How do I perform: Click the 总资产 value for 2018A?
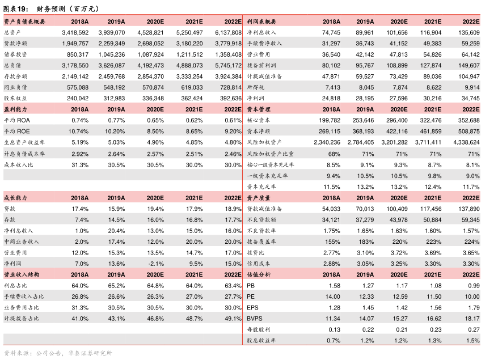[x=75, y=32]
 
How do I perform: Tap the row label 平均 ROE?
[x=17, y=131]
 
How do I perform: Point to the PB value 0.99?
[x=474, y=286]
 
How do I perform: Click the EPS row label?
[x=252, y=308]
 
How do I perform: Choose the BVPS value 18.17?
[x=472, y=319]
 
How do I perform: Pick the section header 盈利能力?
[x=15, y=109]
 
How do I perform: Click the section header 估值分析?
[x=259, y=275]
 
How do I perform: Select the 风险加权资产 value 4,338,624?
[x=466, y=142]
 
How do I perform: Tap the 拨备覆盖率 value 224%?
[x=472, y=242]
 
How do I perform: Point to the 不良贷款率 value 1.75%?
[x=332, y=231]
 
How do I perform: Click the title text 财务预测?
[x=50, y=9]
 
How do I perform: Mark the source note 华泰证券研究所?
[x=90, y=353]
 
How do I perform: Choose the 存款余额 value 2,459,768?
[x=112, y=77]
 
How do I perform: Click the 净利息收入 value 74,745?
[x=331, y=32]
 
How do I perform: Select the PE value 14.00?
[x=332, y=297]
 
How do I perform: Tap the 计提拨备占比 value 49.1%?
[x=233, y=319]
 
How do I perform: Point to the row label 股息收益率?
[x=261, y=340]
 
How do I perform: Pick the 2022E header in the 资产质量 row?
[x=471, y=198]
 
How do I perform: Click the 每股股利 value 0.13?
[x=334, y=329]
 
